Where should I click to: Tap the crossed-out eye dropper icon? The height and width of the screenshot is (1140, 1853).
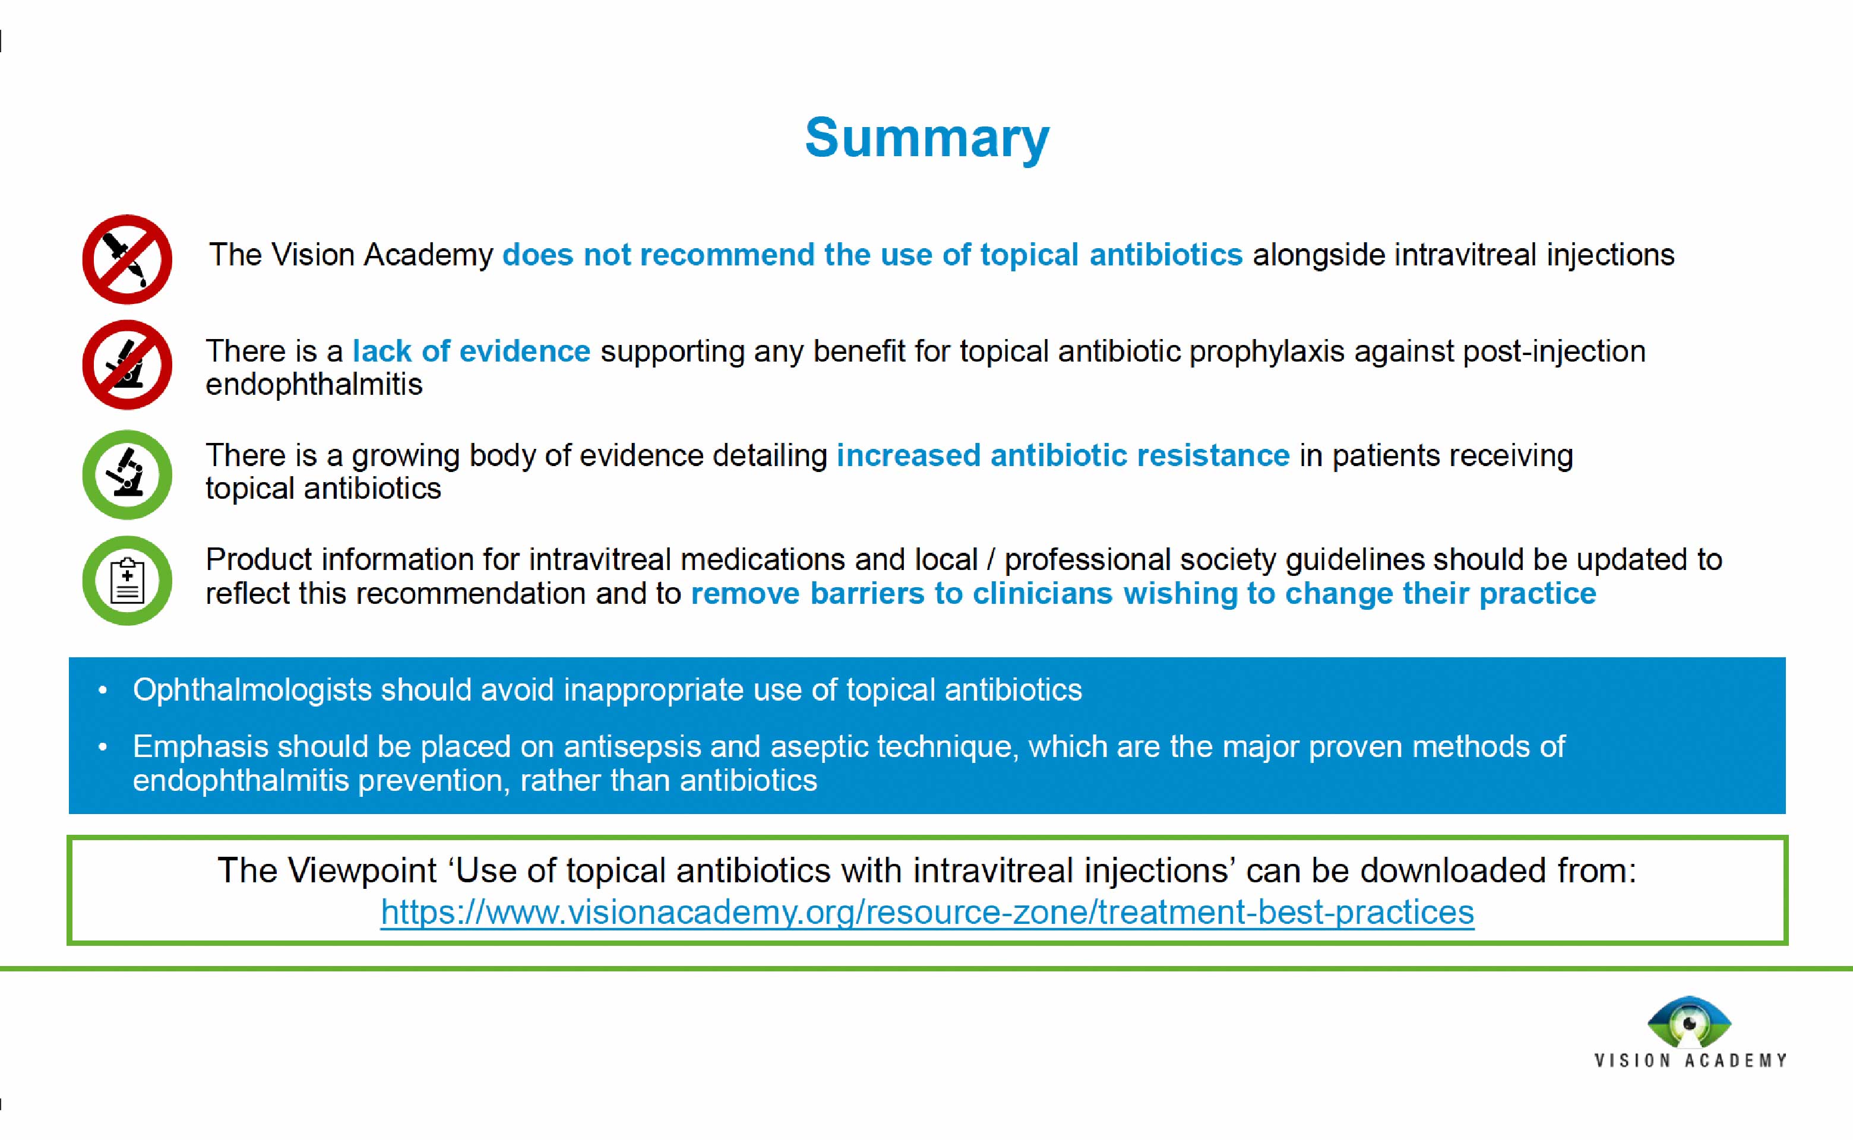coord(127,259)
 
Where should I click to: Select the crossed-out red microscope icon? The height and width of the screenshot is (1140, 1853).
coord(127,365)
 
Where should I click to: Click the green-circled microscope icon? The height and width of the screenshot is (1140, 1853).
coord(127,474)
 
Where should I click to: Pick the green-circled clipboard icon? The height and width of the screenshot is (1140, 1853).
coord(127,580)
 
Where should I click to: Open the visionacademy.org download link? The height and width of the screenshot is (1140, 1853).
coord(927,913)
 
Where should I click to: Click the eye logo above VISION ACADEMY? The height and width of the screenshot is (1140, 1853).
coord(1688,1022)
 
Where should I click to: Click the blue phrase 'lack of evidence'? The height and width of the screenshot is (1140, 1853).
coord(472,351)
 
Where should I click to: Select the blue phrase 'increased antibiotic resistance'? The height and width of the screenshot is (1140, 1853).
coord(1063,455)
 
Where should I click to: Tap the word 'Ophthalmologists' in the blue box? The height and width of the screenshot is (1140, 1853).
coord(252,691)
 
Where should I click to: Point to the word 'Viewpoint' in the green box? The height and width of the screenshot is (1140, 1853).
coord(362,871)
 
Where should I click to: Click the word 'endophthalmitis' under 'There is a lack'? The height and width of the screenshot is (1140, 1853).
coord(314,385)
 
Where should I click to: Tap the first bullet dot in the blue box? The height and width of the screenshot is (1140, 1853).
coord(103,691)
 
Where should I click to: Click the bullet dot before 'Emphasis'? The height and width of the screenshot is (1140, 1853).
coord(103,747)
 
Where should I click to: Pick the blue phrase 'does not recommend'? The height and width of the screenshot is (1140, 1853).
coord(657,255)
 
